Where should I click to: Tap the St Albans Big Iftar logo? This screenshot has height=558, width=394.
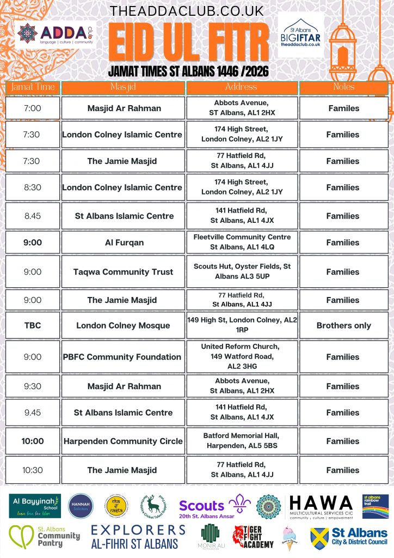(x=300, y=35)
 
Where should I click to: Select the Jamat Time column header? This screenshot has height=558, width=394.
(x=32, y=87)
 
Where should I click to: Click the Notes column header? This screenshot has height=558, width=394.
(x=343, y=87)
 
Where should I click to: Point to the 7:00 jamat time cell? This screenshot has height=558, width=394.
(x=32, y=108)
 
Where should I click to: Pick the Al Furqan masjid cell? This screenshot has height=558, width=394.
(x=124, y=242)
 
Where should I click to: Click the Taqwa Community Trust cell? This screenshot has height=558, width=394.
(x=124, y=271)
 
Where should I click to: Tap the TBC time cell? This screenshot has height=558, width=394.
(x=32, y=325)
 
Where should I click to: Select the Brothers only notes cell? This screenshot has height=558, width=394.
(x=343, y=325)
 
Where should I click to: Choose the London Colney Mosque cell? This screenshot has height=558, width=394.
(x=124, y=325)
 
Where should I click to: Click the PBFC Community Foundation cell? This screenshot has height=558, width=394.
(x=124, y=357)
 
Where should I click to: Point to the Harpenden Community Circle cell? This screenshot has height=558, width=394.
(x=124, y=441)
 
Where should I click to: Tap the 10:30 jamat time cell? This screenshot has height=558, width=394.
(x=32, y=470)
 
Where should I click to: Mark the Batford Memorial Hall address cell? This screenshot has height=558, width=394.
(x=242, y=441)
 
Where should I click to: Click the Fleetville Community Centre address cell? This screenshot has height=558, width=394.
(x=242, y=242)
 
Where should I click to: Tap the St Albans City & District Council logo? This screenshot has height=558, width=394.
(x=349, y=537)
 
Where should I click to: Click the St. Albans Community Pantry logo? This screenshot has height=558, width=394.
(x=44, y=537)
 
